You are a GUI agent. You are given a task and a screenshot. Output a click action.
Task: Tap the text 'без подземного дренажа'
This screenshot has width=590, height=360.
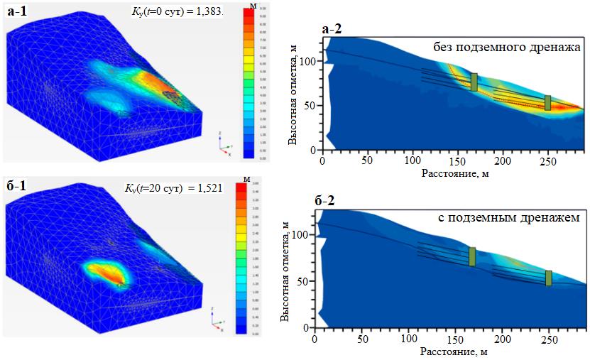507,48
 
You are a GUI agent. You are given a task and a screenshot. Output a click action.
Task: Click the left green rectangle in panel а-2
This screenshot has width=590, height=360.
474,82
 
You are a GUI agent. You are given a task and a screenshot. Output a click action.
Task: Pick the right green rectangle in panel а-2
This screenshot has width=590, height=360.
547,103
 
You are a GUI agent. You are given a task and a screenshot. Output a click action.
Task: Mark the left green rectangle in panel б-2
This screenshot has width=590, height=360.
472,256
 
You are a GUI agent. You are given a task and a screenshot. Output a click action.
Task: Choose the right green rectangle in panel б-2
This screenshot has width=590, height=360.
548,278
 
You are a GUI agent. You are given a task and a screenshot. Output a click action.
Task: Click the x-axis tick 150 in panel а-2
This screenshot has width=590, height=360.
457,161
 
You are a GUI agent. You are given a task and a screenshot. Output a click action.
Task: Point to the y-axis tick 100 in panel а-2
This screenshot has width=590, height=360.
306,62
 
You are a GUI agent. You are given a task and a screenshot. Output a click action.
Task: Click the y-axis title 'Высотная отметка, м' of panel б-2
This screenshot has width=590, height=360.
285,273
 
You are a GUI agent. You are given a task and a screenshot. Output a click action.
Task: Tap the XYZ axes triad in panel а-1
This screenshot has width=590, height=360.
225,143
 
